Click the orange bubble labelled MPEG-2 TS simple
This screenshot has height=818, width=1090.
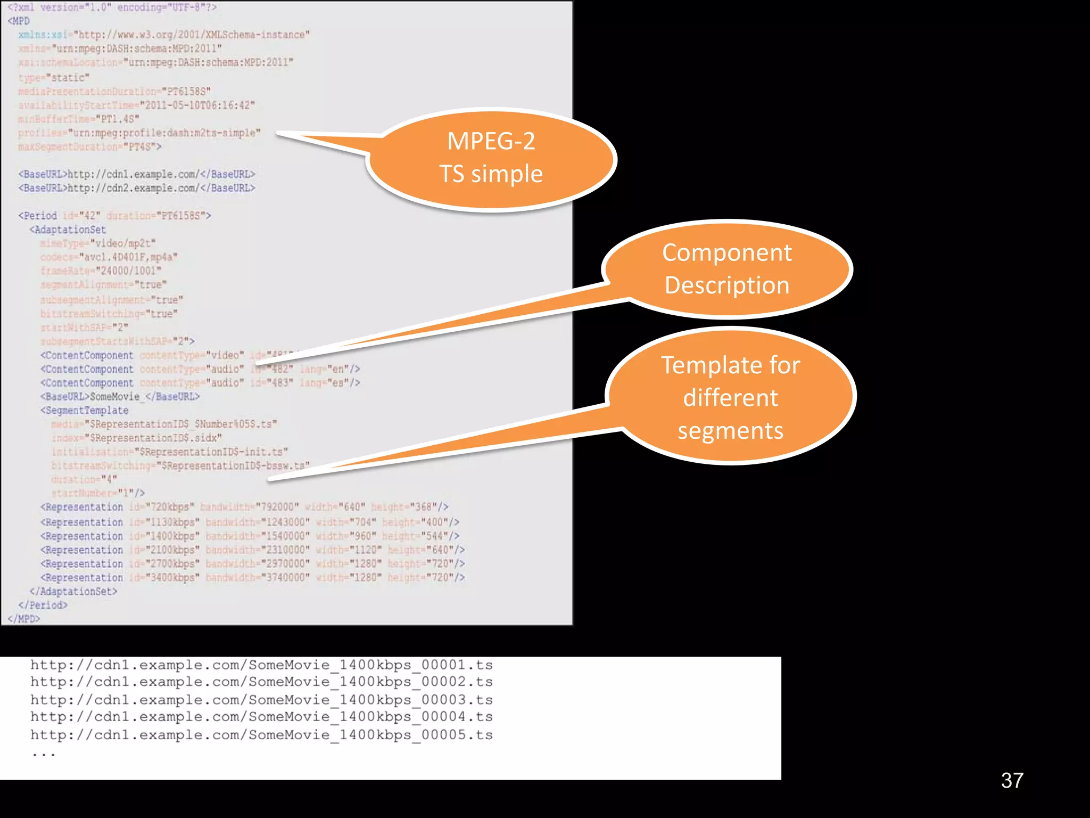coord(491,158)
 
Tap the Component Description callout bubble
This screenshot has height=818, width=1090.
coord(727,269)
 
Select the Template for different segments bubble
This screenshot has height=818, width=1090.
coord(730,397)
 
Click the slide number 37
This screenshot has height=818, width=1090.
coord(1012,781)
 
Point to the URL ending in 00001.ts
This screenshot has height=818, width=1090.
coord(261,665)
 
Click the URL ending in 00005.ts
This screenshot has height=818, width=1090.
coord(261,735)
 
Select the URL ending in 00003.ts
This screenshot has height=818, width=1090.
coord(261,700)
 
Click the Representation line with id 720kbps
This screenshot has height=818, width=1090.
coord(244,507)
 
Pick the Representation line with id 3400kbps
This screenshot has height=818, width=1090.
coord(252,578)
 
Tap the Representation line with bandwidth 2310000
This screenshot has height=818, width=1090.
coord(252,550)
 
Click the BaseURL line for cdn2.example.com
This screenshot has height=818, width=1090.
coord(137,189)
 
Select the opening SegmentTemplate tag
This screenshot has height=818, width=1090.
coord(85,411)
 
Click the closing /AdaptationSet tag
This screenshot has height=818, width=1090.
coord(73,592)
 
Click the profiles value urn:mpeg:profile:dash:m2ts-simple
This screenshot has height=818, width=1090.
coord(164,133)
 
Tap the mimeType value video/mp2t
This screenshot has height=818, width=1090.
coord(123,243)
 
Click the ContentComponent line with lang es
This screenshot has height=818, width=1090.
coord(200,383)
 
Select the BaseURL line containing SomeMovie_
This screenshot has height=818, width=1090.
coord(120,397)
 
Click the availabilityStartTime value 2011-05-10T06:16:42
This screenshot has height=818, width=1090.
coord(197,105)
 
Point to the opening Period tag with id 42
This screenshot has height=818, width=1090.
coord(114,216)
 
